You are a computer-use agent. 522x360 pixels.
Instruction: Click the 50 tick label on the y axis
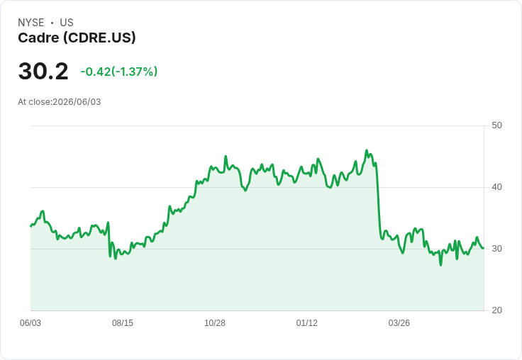(496, 125)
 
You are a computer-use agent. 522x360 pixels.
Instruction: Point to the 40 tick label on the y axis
(496, 187)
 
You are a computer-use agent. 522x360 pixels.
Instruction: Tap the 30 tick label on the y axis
(496, 249)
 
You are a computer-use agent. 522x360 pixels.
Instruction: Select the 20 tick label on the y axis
(496, 310)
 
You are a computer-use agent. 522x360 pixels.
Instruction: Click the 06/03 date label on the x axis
(30, 322)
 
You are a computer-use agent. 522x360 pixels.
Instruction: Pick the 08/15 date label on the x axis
(123, 322)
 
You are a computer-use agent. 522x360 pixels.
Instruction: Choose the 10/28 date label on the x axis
(215, 322)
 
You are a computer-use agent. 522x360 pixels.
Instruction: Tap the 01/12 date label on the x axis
(306, 322)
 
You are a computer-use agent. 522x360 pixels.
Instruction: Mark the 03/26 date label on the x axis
(399, 322)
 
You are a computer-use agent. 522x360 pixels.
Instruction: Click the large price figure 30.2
(43, 72)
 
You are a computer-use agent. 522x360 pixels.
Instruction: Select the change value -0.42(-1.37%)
(119, 72)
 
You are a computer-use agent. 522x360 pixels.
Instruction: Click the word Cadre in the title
(38, 38)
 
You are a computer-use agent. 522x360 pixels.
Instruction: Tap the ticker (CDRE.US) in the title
(99, 38)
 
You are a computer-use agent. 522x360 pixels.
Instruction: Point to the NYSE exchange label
(31, 23)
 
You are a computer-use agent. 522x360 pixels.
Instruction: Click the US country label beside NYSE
(67, 23)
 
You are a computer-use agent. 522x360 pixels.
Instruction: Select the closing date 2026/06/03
(77, 102)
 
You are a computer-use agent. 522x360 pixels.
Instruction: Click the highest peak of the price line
(367, 150)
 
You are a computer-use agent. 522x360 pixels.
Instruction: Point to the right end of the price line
(484, 248)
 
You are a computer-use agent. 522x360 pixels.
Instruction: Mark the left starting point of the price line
(30, 226)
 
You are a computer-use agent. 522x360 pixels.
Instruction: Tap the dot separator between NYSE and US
(52, 23)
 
